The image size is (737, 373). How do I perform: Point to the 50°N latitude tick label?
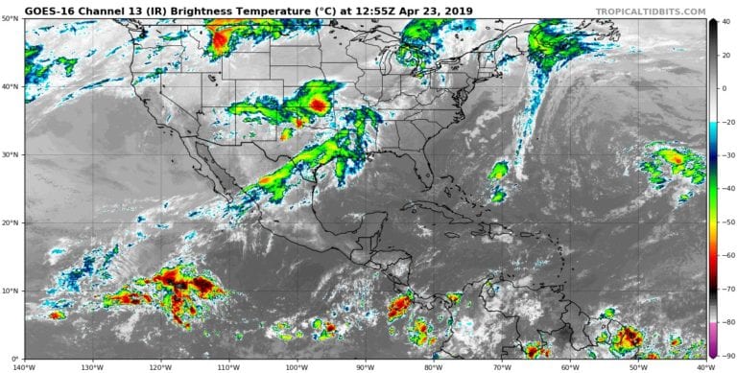pos(12,19)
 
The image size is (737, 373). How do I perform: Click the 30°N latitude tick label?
pos(12,155)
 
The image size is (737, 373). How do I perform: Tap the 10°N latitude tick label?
pos(12,291)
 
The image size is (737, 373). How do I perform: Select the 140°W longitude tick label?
pos(26,366)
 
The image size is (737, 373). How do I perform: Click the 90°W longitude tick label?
pos(365,366)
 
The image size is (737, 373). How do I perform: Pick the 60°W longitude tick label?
pos(569,366)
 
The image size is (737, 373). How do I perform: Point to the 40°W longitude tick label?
pos(704,366)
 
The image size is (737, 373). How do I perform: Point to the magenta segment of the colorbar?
pos(713,351)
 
